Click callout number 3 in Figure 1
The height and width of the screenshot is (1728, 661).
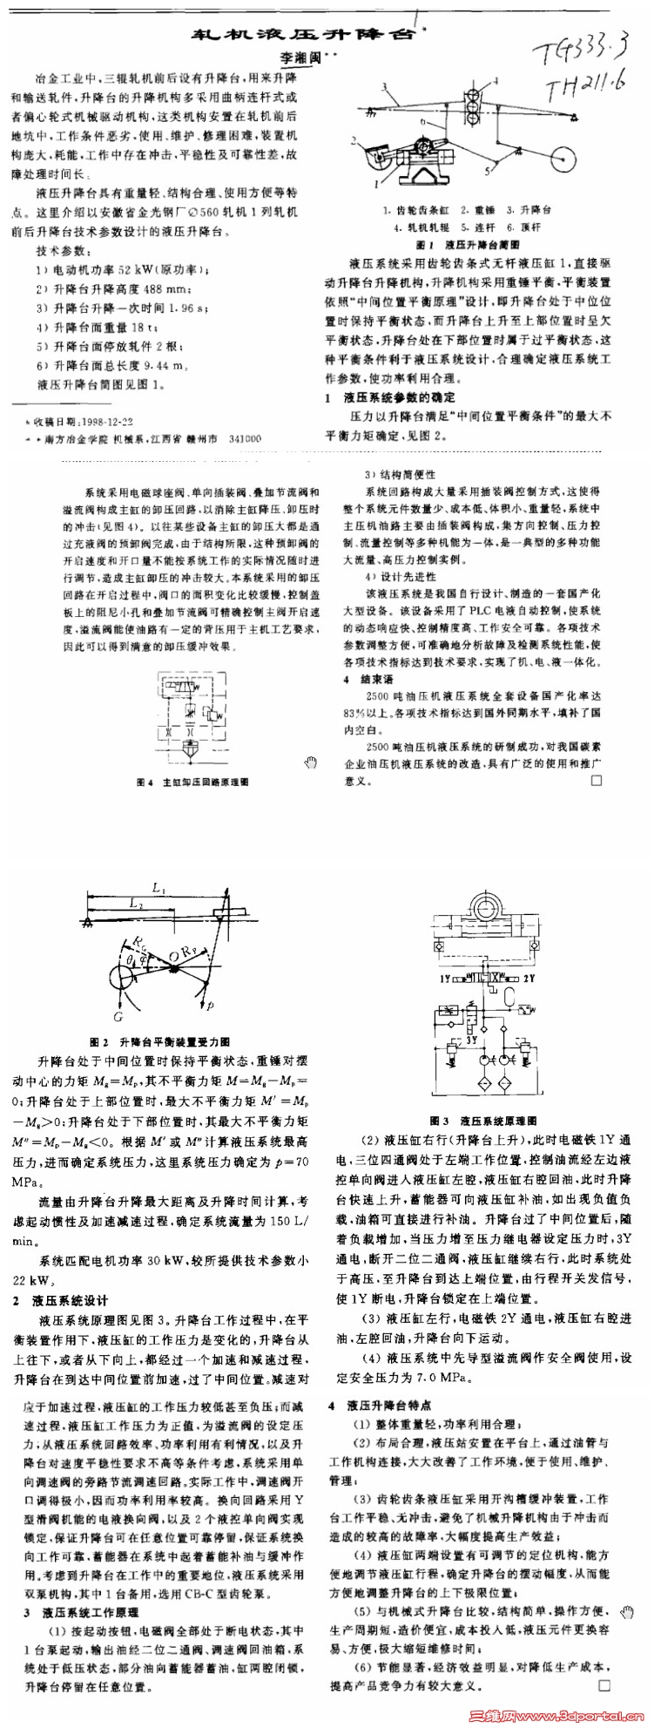pyautogui.click(x=384, y=85)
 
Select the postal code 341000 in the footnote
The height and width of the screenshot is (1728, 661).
pyautogui.click(x=245, y=439)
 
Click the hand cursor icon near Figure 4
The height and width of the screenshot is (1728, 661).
pyautogui.click(x=311, y=764)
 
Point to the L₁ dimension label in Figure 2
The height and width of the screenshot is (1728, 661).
pyautogui.click(x=158, y=889)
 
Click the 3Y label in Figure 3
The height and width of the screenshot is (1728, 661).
pyautogui.click(x=471, y=1040)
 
